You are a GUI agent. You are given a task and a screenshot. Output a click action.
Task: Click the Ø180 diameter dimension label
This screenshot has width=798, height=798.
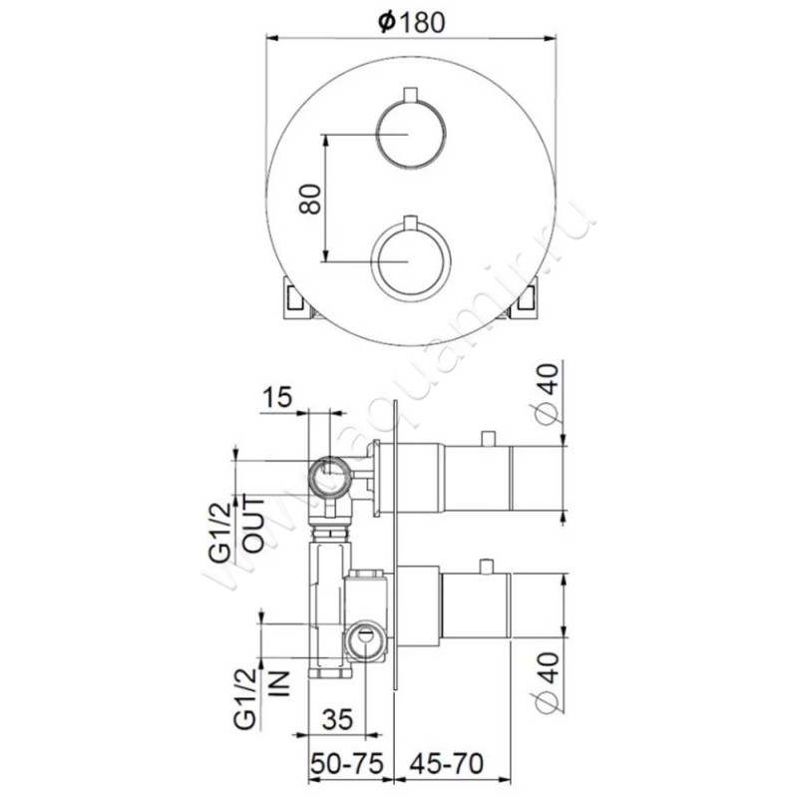[x=412, y=21]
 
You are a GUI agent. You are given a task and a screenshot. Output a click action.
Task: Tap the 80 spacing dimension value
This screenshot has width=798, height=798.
[x=310, y=199]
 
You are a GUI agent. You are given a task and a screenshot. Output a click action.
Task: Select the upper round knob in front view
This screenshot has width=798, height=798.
[x=411, y=134]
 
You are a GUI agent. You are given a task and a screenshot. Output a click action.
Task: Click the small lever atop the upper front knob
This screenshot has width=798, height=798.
[x=410, y=95]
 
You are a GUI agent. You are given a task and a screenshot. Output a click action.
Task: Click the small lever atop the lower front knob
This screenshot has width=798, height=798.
[x=410, y=221]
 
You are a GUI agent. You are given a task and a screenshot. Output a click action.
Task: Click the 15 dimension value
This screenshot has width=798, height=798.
[x=277, y=397]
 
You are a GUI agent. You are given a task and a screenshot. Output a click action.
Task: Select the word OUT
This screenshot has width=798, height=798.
[x=254, y=525]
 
